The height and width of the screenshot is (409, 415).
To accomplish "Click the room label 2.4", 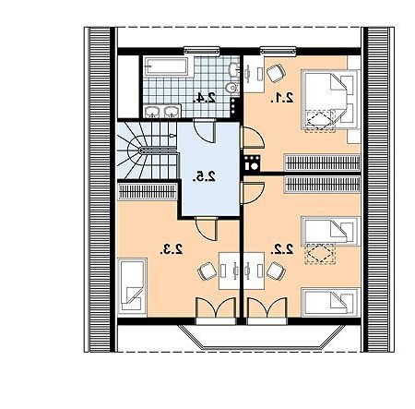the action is point(204,98).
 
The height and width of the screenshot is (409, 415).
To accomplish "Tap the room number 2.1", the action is point(282,98).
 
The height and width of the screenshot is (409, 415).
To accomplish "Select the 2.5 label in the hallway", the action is point(205,176).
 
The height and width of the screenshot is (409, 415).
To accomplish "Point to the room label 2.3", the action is point(172,249).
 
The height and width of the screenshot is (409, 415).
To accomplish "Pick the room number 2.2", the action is point(282,249).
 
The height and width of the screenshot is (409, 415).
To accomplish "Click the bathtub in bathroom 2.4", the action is point(166,66).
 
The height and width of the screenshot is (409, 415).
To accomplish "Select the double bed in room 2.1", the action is point(330,99).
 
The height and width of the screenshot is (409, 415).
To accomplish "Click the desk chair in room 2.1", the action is point(276,73).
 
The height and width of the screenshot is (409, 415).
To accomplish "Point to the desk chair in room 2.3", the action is point(207,271).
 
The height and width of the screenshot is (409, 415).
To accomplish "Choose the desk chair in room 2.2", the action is point(276,271).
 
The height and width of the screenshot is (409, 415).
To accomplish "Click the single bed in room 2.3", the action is point(133,286).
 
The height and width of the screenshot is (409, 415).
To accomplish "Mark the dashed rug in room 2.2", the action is point(320,254).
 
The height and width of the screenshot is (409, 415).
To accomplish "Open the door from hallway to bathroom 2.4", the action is point(205,131).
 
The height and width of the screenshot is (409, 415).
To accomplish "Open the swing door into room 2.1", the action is point(253,138).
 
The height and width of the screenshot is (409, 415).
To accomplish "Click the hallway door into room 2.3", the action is point(207,228).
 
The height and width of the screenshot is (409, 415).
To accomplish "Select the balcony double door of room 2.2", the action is point(267,307).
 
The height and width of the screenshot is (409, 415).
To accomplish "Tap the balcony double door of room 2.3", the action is point(217,307).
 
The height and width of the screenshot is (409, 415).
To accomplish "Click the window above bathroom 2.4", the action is point(202,50).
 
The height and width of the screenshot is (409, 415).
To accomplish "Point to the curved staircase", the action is point(147,150).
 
